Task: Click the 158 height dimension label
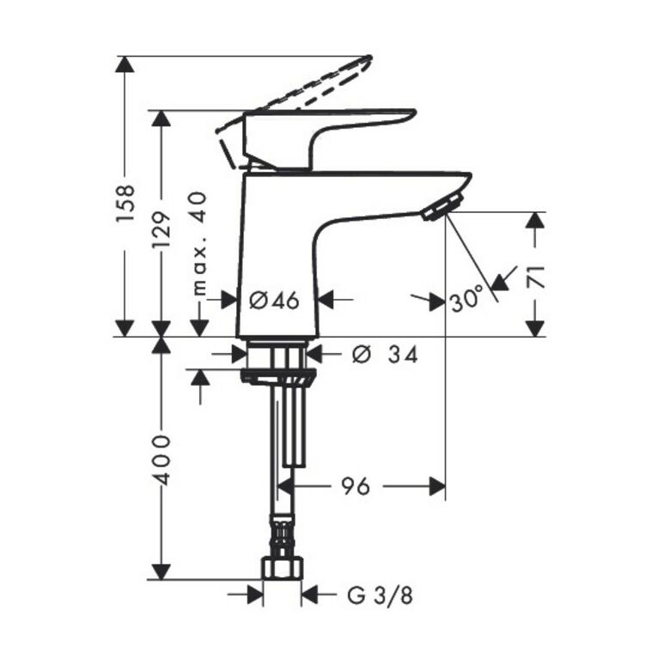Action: pos(126,203)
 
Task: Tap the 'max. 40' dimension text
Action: pos(198,243)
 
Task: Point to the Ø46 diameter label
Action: pos(274,301)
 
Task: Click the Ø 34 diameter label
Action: pos(385,355)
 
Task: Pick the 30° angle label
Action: pos(466,298)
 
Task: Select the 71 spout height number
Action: pos(535,277)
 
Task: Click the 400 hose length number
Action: pos(162,459)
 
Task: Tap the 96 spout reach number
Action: pos(356,486)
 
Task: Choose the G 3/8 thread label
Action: pos(380,596)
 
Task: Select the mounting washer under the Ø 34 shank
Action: pos(277,375)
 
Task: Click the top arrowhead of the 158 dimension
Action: pos(125,64)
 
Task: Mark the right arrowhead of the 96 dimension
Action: pos(438,486)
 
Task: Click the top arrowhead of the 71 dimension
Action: pos(535,220)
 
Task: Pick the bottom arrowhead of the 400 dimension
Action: pos(161,570)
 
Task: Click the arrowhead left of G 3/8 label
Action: pos(254,596)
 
